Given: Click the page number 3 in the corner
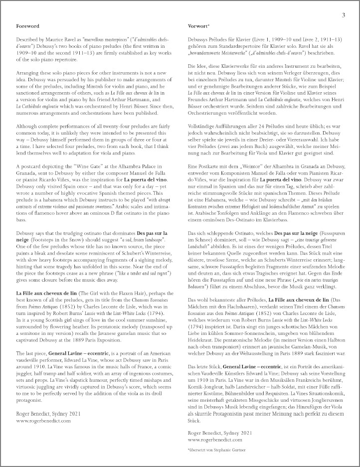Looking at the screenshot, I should click(x=343, y=15).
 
